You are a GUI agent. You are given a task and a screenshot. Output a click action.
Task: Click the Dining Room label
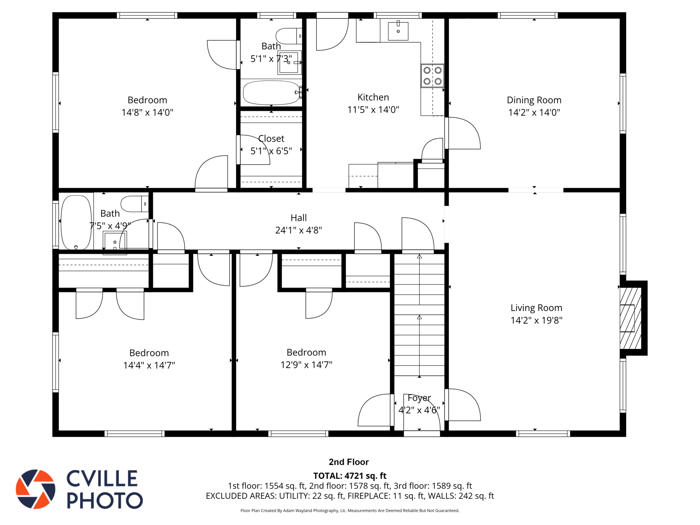(x=534, y=100)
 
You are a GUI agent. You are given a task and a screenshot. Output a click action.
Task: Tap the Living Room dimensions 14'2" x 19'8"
(x=536, y=320)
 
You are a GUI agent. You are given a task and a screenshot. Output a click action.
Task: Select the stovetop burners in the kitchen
(x=432, y=76)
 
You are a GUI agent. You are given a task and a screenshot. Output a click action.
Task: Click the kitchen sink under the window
(x=398, y=31)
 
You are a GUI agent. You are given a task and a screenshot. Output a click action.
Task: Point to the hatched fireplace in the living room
(x=630, y=318)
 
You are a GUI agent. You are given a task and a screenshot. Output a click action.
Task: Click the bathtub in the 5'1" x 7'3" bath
(x=272, y=93)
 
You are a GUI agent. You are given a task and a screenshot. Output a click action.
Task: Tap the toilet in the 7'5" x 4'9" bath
(x=135, y=204)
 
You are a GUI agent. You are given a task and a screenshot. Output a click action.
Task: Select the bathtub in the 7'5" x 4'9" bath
(x=76, y=223)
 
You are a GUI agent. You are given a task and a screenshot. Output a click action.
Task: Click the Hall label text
(x=298, y=218)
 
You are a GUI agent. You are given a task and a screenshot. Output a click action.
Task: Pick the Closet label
(x=271, y=138)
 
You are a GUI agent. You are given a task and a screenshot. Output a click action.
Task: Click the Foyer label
(x=419, y=398)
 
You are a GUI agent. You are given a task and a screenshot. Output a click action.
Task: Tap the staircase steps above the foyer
(x=419, y=314)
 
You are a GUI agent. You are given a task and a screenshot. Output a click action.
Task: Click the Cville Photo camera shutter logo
(x=36, y=489)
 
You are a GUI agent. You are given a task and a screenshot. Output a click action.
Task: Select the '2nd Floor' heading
(x=349, y=462)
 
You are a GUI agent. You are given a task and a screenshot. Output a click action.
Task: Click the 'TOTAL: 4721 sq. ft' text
(x=350, y=476)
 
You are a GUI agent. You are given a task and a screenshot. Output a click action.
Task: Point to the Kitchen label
(x=373, y=97)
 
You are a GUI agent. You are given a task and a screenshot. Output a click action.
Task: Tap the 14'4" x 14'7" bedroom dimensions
(x=149, y=365)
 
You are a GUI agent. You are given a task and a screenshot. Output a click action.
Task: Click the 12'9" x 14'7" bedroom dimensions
(x=306, y=365)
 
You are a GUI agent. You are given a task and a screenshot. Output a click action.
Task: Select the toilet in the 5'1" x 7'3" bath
(x=289, y=36)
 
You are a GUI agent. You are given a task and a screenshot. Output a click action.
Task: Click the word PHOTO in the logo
(x=105, y=500)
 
